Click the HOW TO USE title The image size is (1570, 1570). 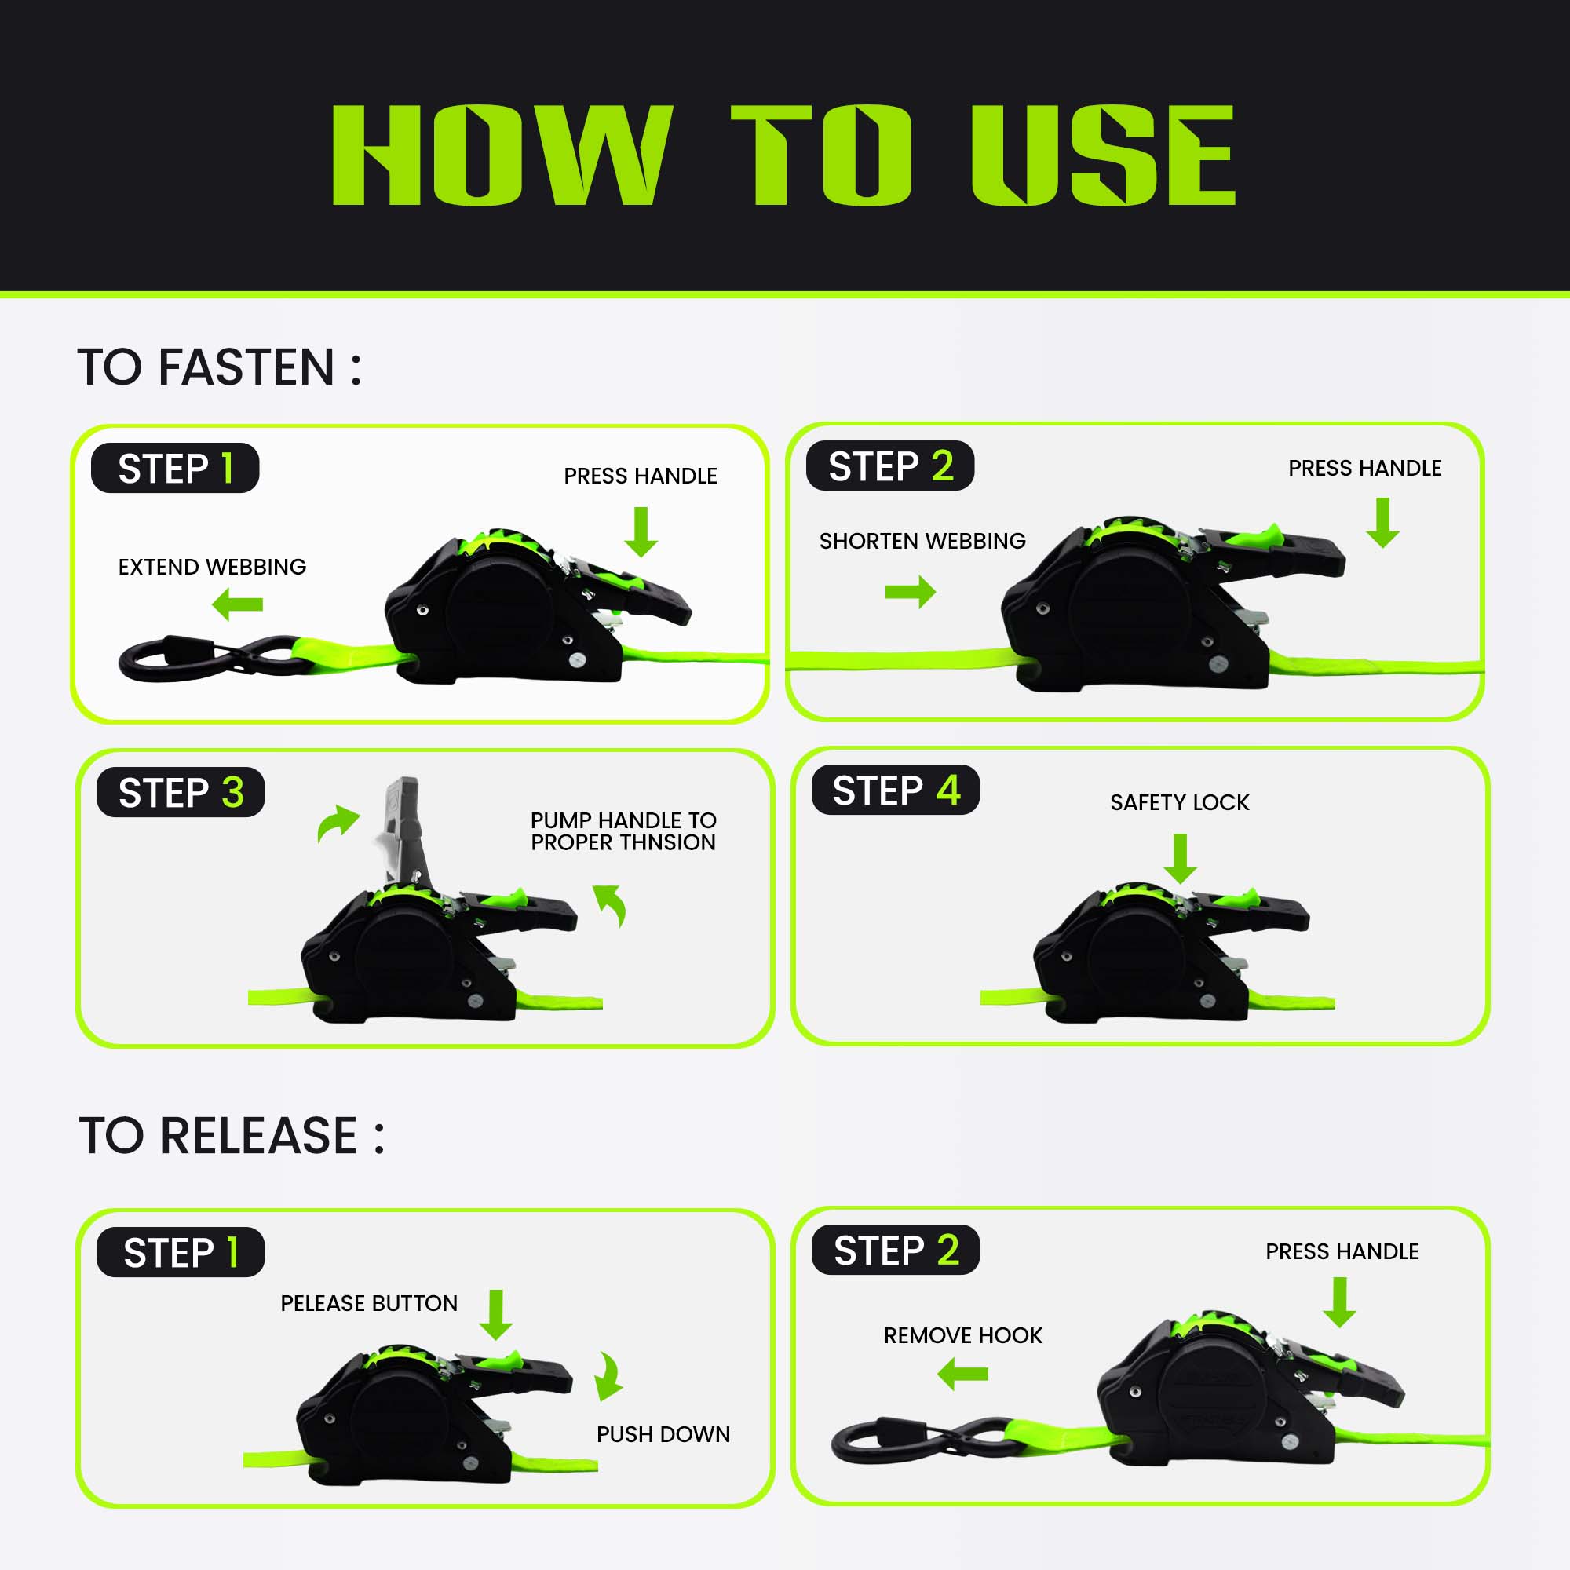click(x=783, y=155)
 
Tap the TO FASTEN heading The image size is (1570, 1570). click(x=220, y=367)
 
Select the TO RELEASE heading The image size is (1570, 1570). click(x=232, y=1135)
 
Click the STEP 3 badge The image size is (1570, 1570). click(x=181, y=792)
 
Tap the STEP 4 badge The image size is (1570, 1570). click(x=896, y=790)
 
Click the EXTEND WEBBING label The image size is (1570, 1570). click(x=212, y=568)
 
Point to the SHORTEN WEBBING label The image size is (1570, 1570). click(x=922, y=541)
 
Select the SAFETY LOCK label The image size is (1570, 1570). click(x=1180, y=803)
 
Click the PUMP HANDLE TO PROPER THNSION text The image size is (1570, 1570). click(x=623, y=831)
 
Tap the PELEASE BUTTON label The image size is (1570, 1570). click(x=369, y=1303)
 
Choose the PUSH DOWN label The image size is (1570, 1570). click(x=663, y=1434)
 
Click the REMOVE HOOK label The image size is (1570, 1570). click(x=963, y=1335)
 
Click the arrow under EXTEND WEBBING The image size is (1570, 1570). click(x=237, y=604)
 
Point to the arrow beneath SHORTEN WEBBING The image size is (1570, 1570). click(x=911, y=592)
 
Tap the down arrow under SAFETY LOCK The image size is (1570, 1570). click(x=1180, y=858)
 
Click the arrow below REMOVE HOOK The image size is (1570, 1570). click(x=963, y=1375)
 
